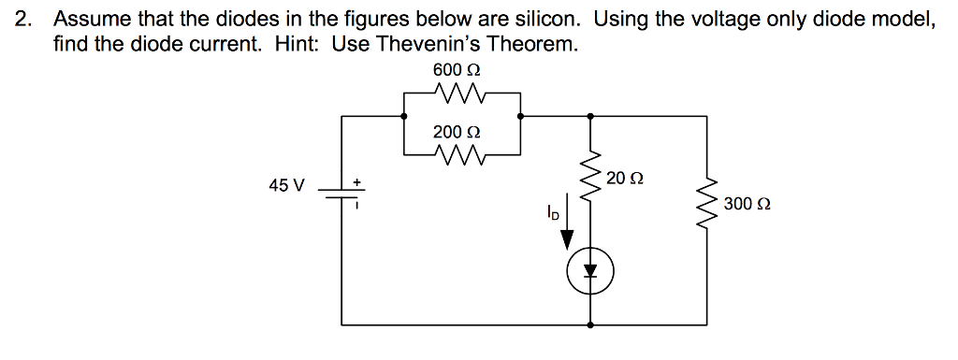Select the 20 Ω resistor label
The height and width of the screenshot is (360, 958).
click(x=624, y=178)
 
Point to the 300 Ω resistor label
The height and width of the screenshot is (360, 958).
click(x=745, y=203)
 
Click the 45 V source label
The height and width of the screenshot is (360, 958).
click(x=286, y=185)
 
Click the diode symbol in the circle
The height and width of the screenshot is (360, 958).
click(x=589, y=272)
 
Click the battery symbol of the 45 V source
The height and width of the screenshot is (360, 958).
click(x=341, y=192)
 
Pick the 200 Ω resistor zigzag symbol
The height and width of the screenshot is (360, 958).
click(x=461, y=152)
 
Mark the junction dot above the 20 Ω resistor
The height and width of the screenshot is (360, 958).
click(x=589, y=116)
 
